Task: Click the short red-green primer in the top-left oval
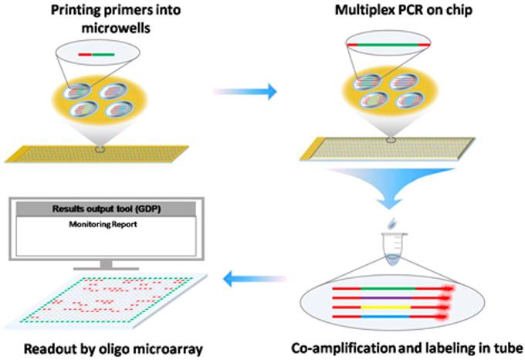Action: pos(97,55)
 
